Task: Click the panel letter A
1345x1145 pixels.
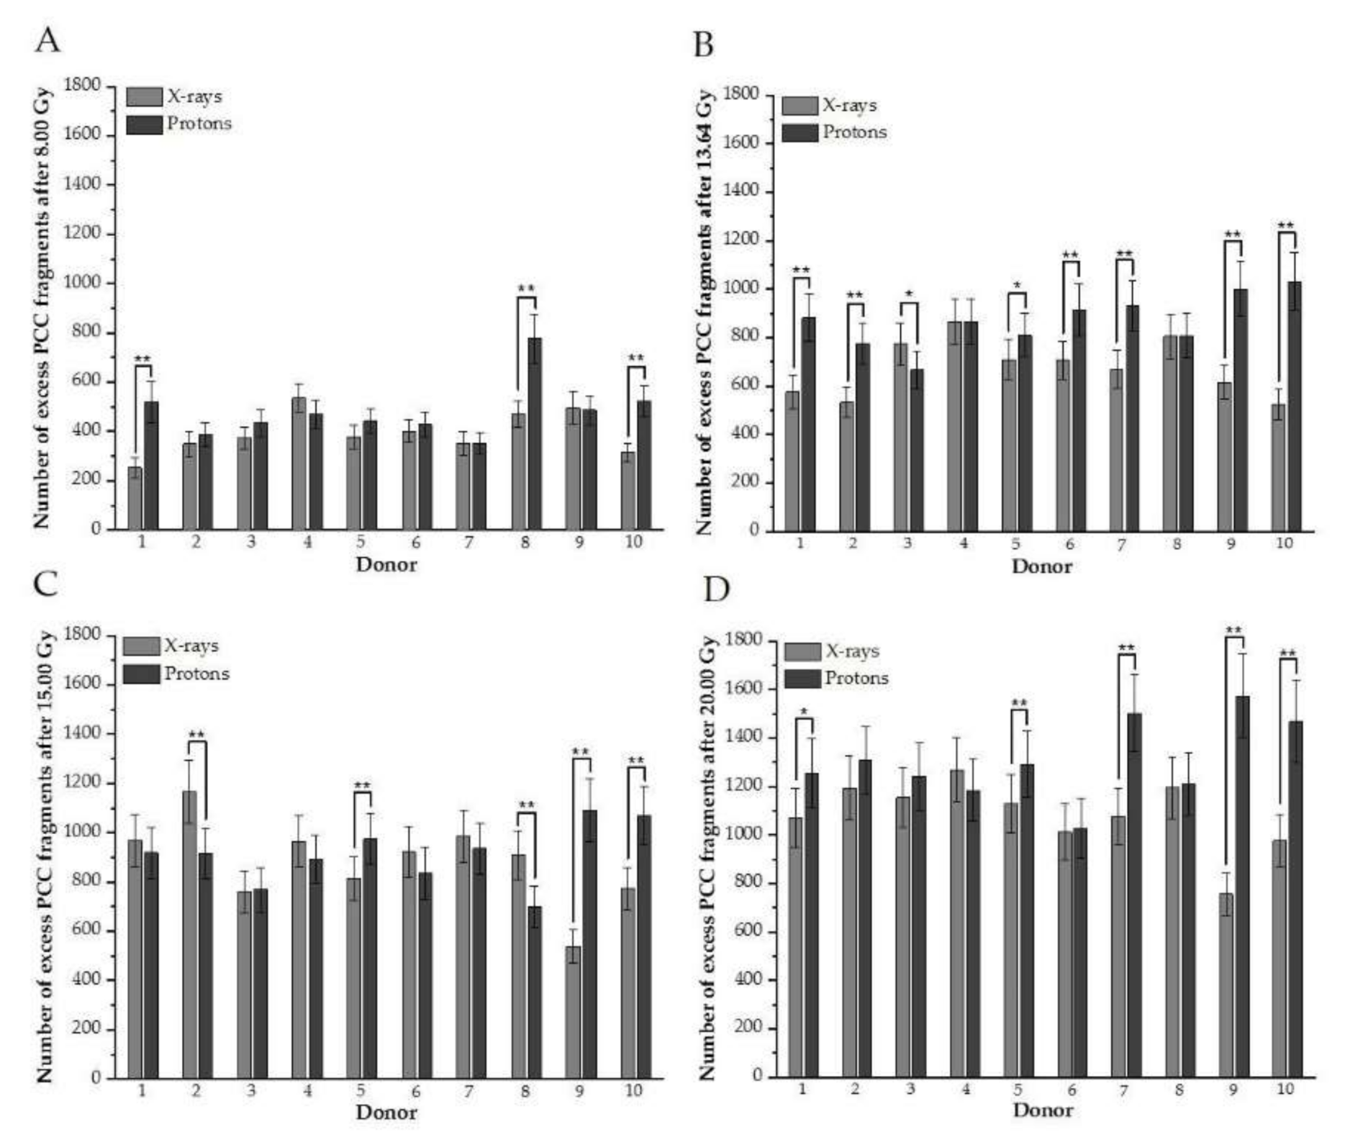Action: (47, 40)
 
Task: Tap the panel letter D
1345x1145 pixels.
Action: (716, 589)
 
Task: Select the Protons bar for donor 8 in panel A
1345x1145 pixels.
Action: (535, 434)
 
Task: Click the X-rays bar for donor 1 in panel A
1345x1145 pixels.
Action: (135, 498)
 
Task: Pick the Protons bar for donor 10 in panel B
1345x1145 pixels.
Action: (1294, 407)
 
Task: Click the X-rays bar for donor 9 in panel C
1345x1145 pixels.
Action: (573, 1012)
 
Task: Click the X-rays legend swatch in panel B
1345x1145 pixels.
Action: (800, 106)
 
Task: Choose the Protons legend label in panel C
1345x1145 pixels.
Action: (196, 674)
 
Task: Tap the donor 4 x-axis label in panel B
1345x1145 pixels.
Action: (964, 543)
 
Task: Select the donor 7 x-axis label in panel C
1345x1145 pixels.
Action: (469, 1092)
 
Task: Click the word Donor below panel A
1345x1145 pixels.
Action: (386, 564)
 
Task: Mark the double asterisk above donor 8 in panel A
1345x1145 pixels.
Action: (526, 289)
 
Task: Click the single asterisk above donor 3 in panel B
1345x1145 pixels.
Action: (909, 294)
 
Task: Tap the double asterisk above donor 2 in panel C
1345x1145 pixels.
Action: (196, 735)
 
